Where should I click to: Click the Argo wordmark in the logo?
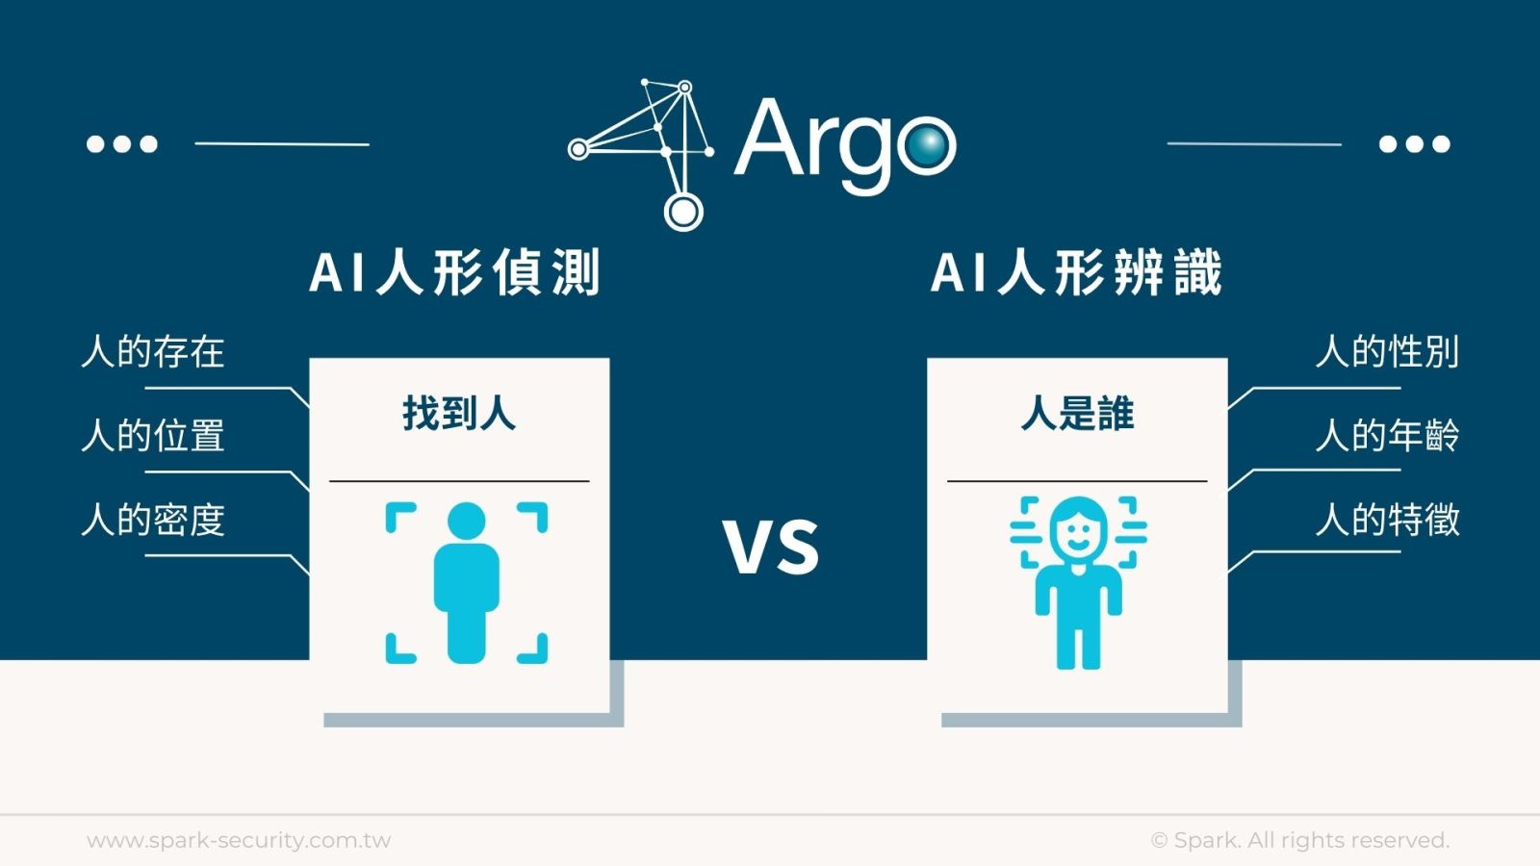846,144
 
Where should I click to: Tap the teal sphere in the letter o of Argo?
928,144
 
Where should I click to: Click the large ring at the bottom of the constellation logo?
683,212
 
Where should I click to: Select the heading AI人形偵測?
454,273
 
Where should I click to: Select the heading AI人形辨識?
1076,273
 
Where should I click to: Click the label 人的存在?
153,352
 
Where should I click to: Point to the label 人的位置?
153,436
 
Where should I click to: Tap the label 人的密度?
153,520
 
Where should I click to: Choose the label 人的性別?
1387,352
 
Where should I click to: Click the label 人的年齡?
1387,436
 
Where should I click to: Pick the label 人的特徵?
1387,520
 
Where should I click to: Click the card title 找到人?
459,414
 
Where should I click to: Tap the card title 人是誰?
1077,414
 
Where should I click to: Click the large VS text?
771,548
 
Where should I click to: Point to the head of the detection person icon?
466,521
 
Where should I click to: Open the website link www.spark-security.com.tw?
239,840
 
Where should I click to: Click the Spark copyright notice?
1300,840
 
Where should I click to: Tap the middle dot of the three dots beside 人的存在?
121,144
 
